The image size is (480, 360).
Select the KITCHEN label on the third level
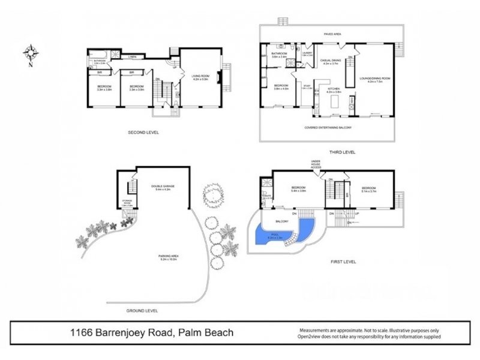[x=334, y=89]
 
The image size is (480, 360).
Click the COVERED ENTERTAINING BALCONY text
[x=328, y=127]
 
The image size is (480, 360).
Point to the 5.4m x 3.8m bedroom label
[x=298, y=188]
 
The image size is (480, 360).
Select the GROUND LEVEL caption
[x=142, y=311]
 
